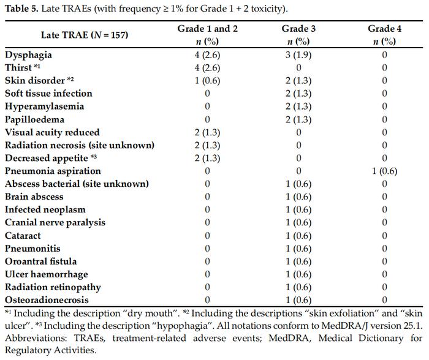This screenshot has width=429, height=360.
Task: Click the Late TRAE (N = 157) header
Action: [85, 35]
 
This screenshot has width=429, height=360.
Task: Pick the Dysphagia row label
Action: [28, 55]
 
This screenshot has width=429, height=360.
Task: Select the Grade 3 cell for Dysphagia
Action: [298, 55]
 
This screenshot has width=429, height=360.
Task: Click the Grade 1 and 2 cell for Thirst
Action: [207, 68]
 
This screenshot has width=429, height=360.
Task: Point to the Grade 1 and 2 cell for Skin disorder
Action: [207, 81]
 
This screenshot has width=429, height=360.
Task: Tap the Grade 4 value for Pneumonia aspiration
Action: [384, 171]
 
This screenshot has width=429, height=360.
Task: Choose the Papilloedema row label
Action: [35, 120]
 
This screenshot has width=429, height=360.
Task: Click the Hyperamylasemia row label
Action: [44, 107]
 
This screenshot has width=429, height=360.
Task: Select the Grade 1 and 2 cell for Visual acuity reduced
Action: [207, 133]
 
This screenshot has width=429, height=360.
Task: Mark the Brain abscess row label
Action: [34, 197]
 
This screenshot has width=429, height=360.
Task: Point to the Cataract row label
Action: [23, 236]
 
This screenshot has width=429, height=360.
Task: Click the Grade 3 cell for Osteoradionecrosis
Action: [298, 300]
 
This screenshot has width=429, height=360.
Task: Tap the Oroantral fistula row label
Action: [41, 261]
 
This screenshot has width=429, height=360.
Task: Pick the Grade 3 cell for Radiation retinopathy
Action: [298, 287]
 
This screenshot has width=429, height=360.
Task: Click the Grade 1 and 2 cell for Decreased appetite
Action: [207, 159]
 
